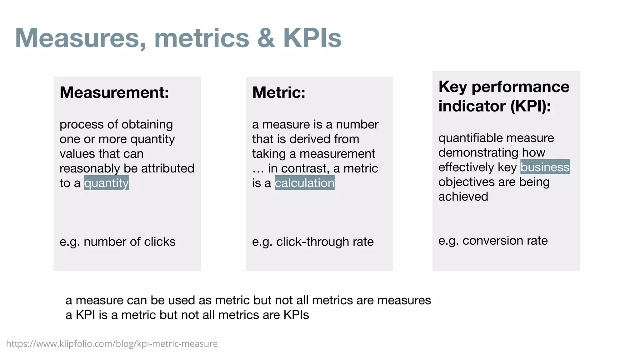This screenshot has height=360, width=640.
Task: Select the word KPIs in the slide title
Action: click(x=312, y=38)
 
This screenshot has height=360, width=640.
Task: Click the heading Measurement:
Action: click(x=114, y=92)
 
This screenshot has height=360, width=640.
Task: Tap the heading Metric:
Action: click(x=279, y=92)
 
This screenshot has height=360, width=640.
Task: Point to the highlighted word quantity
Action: click(x=106, y=183)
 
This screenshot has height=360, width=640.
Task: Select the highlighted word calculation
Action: click(x=304, y=183)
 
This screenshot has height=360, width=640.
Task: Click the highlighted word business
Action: click(x=545, y=167)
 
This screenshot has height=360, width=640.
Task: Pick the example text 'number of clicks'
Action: click(x=129, y=242)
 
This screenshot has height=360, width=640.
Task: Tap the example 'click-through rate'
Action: click(x=325, y=242)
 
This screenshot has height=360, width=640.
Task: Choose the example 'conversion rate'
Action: click(x=505, y=241)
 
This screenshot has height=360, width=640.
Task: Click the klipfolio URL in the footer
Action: click(x=112, y=344)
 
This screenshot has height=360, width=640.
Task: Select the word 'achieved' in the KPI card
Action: click(x=463, y=197)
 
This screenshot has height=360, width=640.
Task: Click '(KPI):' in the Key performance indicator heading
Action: click(x=530, y=106)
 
